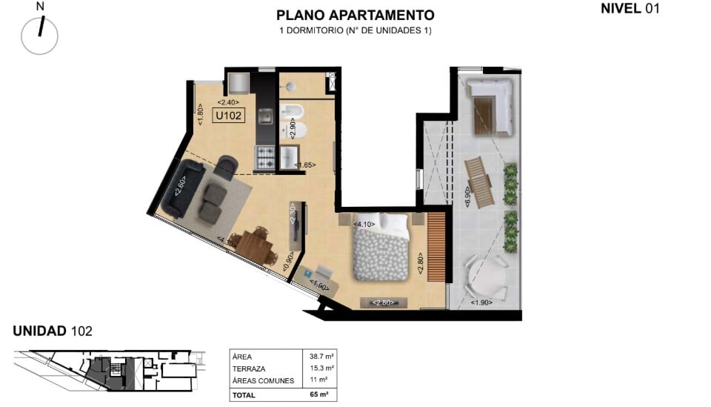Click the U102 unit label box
click(x=229, y=115)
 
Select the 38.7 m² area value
click(x=321, y=357)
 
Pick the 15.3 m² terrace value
click(x=321, y=368)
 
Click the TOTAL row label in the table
click(x=244, y=395)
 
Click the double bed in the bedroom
click(x=381, y=246)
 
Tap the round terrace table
click(x=487, y=277)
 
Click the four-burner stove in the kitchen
click(x=265, y=157)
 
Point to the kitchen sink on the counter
click(x=265, y=116)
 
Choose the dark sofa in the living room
click(x=183, y=188)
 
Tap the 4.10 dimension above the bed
click(x=364, y=224)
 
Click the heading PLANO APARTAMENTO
click(x=355, y=15)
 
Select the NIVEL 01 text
click(x=630, y=8)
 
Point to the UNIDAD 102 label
click(x=53, y=331)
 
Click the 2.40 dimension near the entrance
click(x=228, y=102)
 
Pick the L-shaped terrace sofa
click(x=490, y=107)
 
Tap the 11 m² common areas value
click(x=318, y=380)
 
